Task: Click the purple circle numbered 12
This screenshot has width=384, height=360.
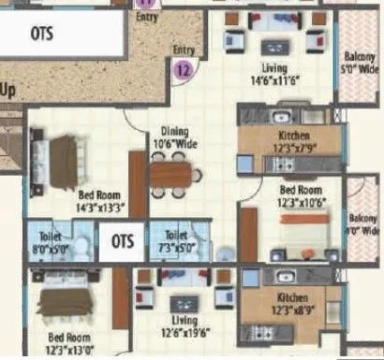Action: tap(183, 66)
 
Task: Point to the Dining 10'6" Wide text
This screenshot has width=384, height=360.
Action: tap(175, 138)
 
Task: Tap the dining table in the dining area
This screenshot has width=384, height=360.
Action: tap(171, 172)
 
